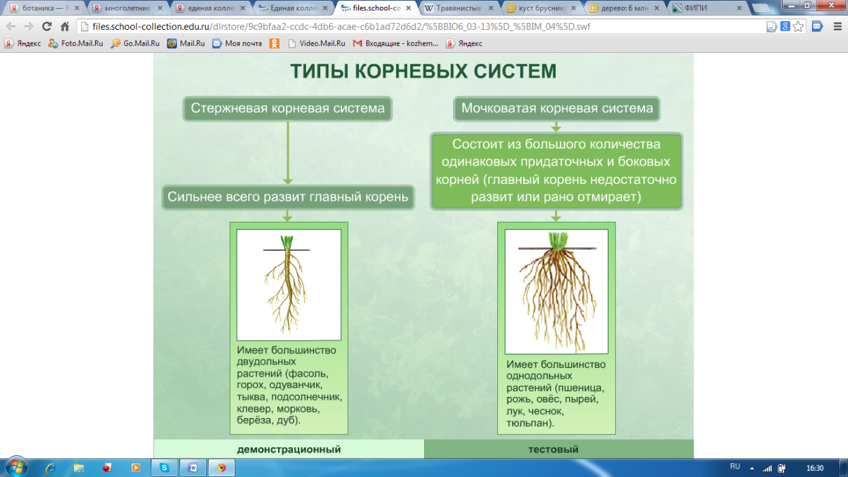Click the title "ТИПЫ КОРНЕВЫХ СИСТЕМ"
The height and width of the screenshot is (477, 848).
423,72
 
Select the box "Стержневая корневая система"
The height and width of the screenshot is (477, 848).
288,109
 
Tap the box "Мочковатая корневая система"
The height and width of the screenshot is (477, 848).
557,109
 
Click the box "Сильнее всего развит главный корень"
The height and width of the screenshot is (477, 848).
288,197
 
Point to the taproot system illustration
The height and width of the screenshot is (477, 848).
288,285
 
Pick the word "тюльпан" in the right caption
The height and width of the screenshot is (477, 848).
529,423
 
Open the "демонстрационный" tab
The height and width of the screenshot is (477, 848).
288,449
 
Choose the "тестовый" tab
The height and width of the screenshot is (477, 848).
553,449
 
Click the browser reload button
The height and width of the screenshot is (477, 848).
47,26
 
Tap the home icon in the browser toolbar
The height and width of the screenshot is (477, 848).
65,26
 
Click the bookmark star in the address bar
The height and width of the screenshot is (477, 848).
798,26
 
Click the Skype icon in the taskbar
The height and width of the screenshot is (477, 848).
164,468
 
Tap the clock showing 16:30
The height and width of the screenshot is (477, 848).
815,468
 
